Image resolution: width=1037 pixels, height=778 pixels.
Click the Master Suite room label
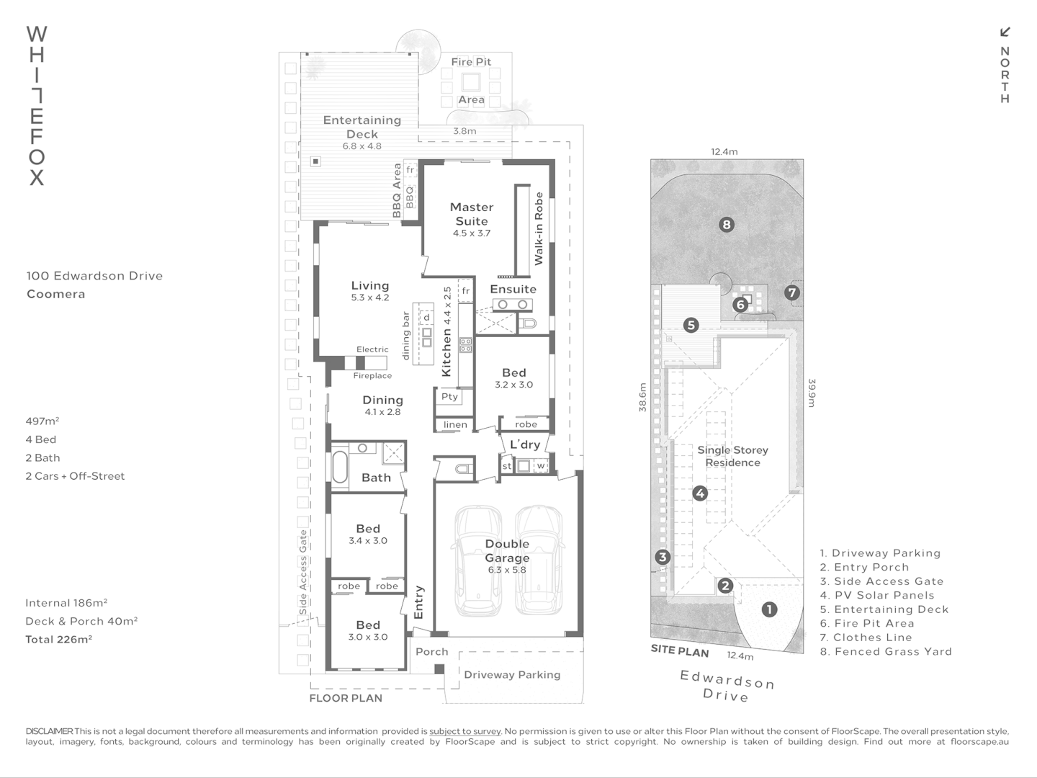point(472,214)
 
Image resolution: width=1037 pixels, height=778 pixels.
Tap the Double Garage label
point(507,551)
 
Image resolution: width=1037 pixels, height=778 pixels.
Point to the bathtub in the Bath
point(339,466)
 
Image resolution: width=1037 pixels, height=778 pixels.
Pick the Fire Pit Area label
point(471,81)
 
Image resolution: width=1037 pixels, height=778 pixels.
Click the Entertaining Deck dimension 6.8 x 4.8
point(362,146)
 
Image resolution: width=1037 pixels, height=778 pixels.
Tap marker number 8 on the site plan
point(727,225)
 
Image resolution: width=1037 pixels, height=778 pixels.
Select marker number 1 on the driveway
point(769,609)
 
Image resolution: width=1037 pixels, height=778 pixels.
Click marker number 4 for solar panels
point(700,493)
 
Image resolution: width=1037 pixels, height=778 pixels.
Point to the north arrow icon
point(1005,32)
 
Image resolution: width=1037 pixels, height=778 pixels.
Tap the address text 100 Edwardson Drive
point(94,276)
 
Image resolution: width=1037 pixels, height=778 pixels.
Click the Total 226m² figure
point(58,640)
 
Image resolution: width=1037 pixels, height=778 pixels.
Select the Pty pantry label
point(449,397)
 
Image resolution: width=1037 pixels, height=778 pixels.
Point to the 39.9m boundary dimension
point(811,393)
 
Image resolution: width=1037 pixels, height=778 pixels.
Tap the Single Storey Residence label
point(732,456)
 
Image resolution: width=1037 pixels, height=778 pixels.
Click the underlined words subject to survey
point(465,731)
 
